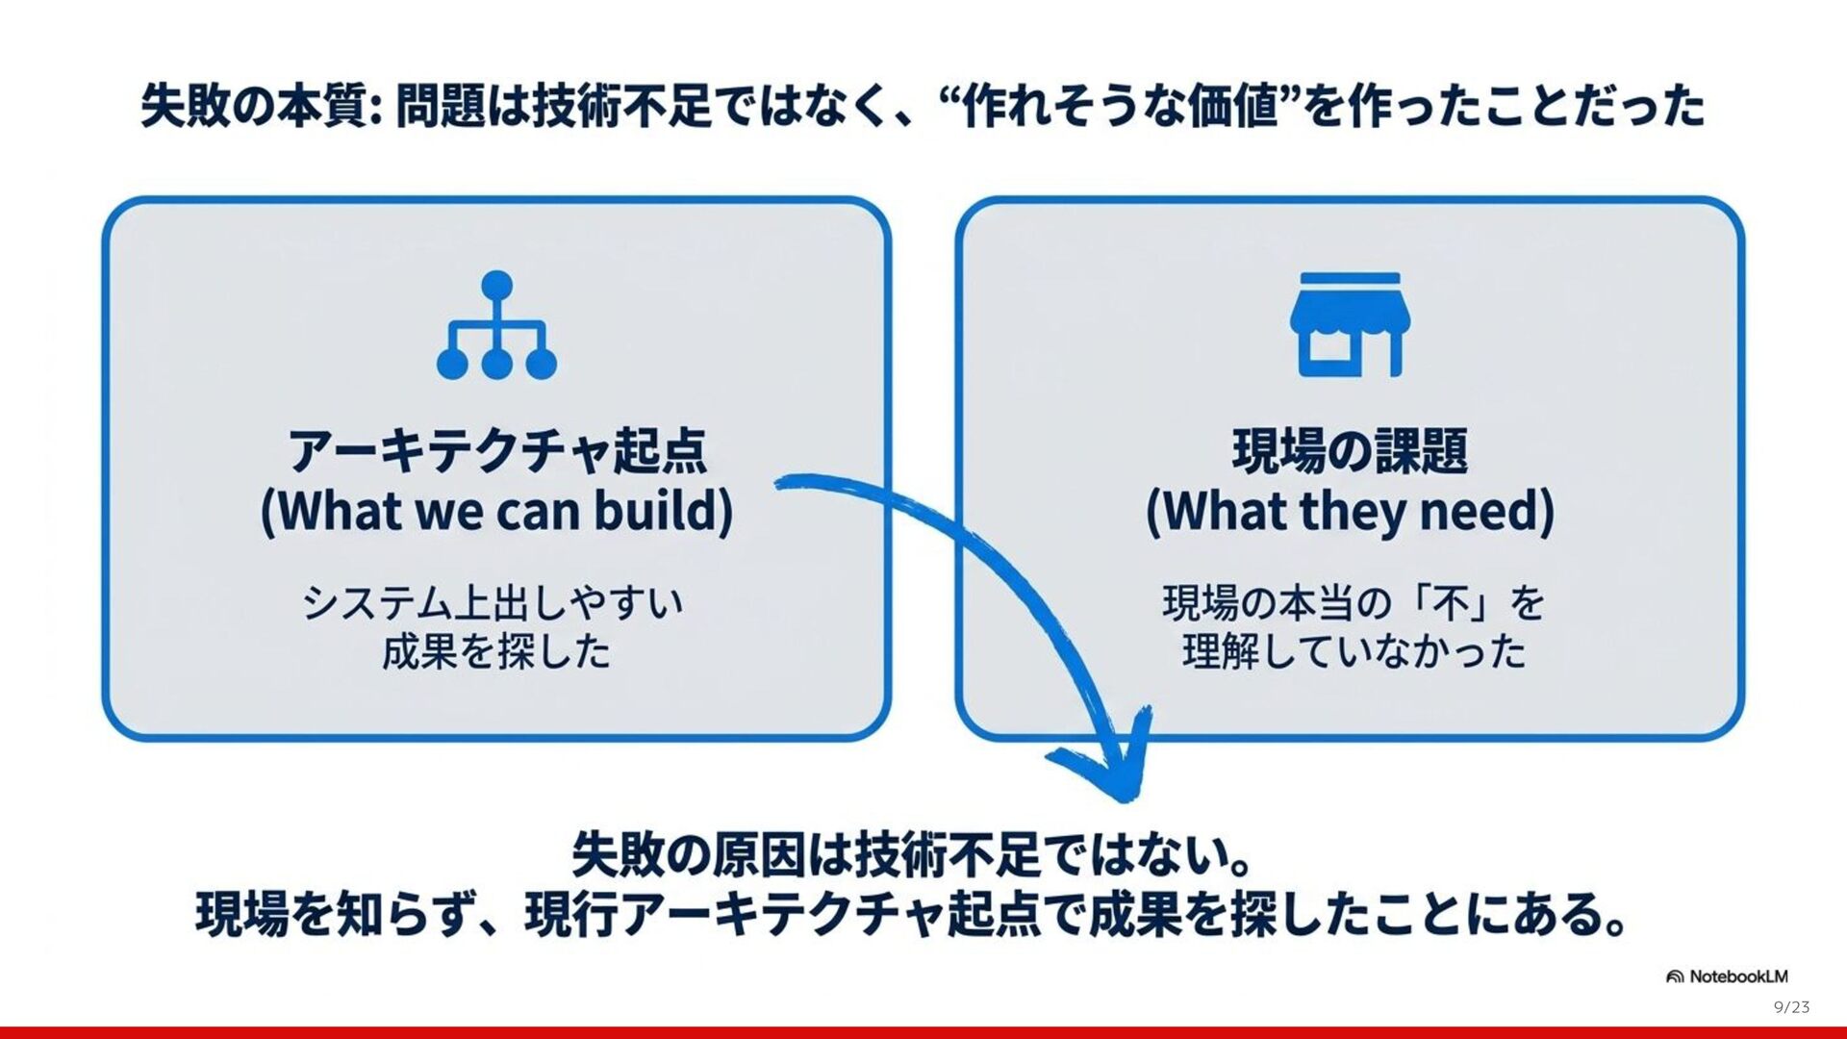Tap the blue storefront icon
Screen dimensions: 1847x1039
click(x=1350, y=325)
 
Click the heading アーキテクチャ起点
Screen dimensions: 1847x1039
click(x=497, y=450)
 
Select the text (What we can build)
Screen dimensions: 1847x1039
click(x=496, y=511)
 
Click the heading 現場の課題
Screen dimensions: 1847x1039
click(x=1350, y=450)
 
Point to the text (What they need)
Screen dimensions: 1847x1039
click(x=1350, y=511)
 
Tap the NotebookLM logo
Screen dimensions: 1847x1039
click(x=1727, y=976)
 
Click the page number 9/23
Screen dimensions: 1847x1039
click(x=1791, y=1007)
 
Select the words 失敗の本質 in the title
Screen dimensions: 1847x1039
click(x=254, y=106)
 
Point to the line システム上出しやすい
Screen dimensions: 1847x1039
click(x=493, y=603)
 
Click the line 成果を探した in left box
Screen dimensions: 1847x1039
click(x=496, y=652)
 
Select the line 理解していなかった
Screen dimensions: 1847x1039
click(x=1354, y=652)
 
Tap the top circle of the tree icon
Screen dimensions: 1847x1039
click(x=496, y=285)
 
